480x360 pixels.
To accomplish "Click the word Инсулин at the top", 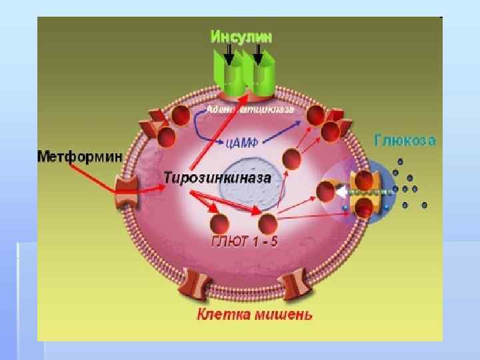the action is tap(241, 36).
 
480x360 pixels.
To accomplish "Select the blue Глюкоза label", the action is tap(405, 141).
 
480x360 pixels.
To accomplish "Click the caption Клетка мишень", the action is tap(253, 313).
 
